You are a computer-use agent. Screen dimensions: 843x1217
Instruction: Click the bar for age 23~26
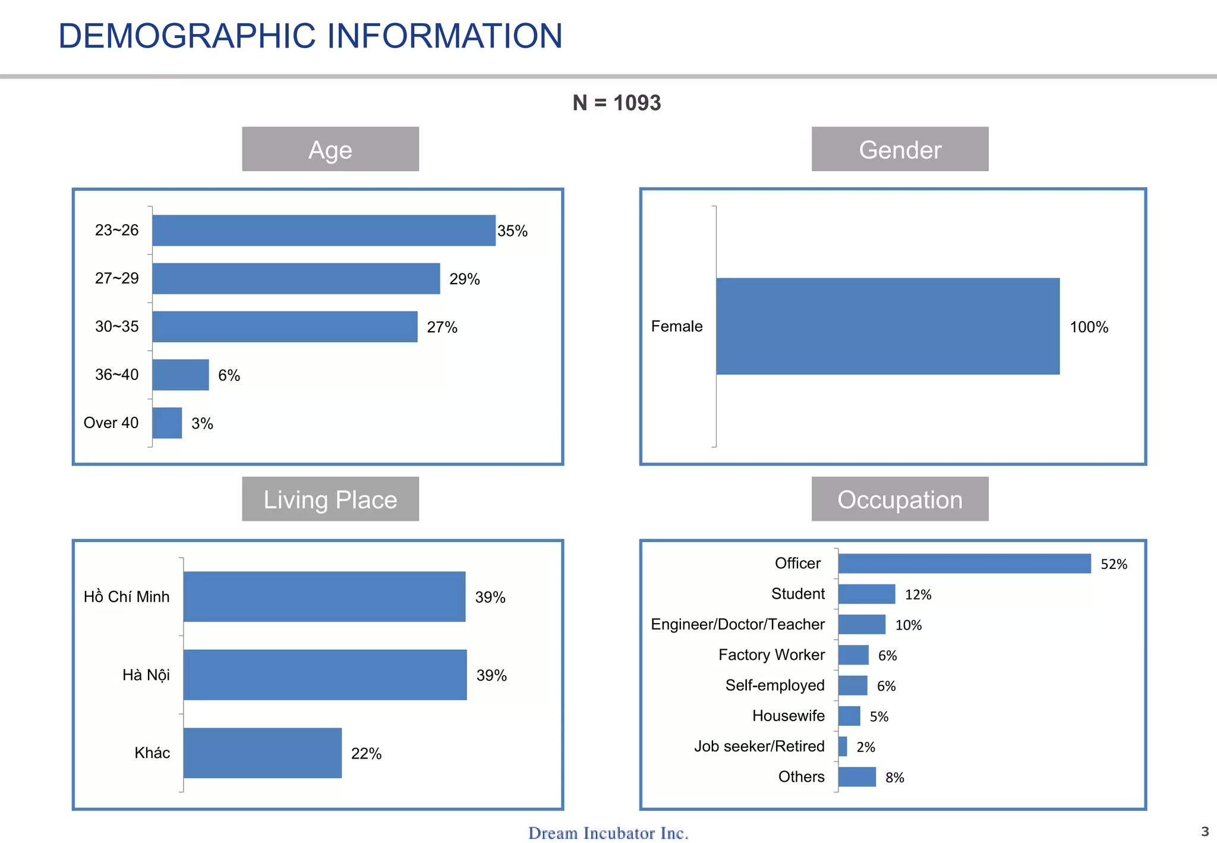point(324,231)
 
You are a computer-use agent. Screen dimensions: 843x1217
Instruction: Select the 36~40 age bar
point(181,375)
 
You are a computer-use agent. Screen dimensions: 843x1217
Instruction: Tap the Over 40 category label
point(111,423)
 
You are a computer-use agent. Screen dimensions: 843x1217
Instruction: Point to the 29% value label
point(464,279)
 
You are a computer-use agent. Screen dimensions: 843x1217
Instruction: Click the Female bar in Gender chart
point(888,326)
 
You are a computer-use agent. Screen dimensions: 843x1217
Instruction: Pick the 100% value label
point(1089,327)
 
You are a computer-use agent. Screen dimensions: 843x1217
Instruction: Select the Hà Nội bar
point(325,675)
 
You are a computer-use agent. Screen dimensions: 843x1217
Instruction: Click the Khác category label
point(152,753)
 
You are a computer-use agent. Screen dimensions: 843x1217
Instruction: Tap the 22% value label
point(366,754)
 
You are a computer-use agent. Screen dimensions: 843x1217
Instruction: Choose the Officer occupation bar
point(964,564)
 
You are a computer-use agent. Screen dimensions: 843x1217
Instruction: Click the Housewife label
point(788,716)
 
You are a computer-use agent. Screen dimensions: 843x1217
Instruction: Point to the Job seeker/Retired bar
point(843,747)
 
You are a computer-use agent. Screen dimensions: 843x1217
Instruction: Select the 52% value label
point(1114,564)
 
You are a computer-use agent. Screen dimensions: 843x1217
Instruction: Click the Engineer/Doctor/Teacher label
point(737,624)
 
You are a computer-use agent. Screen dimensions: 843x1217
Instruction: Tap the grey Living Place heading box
point(330,499)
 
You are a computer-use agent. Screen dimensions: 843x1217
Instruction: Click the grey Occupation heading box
point(900,499)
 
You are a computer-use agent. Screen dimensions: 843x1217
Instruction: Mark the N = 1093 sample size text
point(616,103)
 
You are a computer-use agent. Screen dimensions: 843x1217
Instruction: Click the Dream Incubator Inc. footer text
point(608,833)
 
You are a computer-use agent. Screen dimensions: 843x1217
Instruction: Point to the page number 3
point(1205,831)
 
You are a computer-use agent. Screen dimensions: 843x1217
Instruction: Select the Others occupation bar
point(857,777)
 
